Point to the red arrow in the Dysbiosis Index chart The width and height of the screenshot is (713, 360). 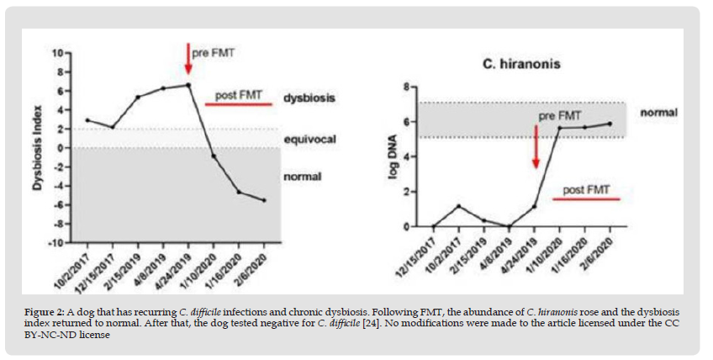pyautogui.click(x=188, y=59)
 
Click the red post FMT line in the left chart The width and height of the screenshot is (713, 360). pyautogui.click(x=239, y=104)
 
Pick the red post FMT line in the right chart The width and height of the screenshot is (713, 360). pyautogui.click(x=587, y=199)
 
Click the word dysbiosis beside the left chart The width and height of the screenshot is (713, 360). pyautogui.click(x=309, y=98)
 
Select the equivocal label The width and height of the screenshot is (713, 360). pyautogui.click(x=309, y=138)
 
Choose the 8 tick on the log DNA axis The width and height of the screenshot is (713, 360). pyautogui.click(x=406, y=87)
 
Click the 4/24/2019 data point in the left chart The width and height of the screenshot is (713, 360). pyautogui.click(x=188, y=84)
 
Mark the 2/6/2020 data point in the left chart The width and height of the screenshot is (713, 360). pyautogui.click(x=265, y=200)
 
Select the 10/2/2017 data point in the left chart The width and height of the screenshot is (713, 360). pyautogui.click(x=87, y=119)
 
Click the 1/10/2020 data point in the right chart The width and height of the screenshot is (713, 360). pyautogui.click(x=560, y=128)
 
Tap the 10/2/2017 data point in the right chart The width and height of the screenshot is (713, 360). pyautogui.click(x=459, y=206)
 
